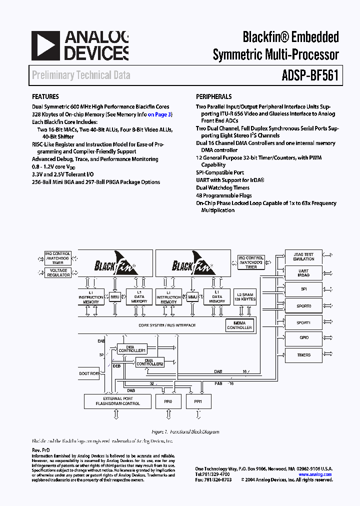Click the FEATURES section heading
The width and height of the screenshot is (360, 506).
pyautogui.click(x=45, y=96)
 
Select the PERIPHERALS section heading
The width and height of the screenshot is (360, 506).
pyautogui.click(x=214, y=96)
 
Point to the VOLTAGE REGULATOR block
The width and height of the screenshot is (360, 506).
pyautogui.click(x=58, y=273)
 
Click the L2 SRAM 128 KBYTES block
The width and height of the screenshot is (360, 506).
pyautogui.click(x=245, y=296)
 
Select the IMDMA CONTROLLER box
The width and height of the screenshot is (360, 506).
pyautogui.click(x=239, y=325)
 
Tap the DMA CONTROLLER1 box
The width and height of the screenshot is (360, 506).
pyautogui.click(x=132, y=348)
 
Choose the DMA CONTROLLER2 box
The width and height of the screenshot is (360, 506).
pyautogui.click(x=150, y=362)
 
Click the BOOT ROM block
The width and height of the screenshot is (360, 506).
pyautogui.click(x=89, y=373)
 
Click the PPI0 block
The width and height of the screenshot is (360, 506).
pyautogui.click(x=168, y=401)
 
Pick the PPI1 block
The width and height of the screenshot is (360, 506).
pyautogui.click(x=199, y=401)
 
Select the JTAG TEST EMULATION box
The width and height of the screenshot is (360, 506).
pyautogui.click(x=303, y=256)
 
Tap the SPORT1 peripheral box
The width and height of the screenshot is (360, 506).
pyautogui.click(x=303, y=322)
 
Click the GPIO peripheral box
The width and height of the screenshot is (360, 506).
pyautogui.click(x=303, y=338)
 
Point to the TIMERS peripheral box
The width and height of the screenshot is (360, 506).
pyautogui.click(x=303, y=355)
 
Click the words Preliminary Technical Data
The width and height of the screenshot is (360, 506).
pyautogui.click(x=81, y=75)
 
